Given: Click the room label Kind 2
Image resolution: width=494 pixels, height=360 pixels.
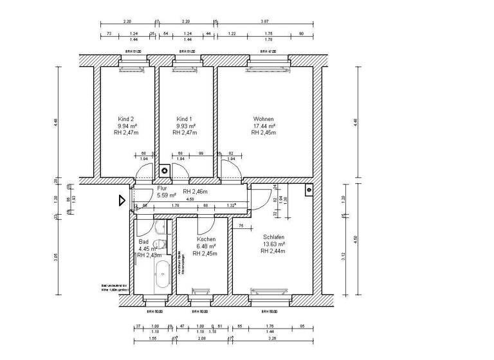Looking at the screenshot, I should [126, 119].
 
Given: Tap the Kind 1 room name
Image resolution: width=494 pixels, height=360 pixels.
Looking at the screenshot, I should [185, 119].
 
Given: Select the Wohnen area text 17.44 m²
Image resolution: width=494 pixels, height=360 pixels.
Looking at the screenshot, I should [264, 127].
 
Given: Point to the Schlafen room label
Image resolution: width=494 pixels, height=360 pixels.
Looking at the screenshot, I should [273, 237].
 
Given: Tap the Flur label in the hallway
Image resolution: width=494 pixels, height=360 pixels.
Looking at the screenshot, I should [162, 188].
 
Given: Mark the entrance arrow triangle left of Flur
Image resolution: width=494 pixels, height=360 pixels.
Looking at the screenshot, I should [121, 201].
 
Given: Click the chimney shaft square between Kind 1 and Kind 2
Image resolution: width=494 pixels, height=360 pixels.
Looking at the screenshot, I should [165, 170].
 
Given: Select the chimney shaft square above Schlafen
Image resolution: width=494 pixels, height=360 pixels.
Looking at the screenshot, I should [309, 190].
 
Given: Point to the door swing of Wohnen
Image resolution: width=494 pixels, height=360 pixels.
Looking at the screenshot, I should [230, 169].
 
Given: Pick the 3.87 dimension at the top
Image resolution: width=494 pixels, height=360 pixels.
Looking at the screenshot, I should [264, 21].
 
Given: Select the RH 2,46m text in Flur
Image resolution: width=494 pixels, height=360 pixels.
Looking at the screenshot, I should [196, 192].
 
